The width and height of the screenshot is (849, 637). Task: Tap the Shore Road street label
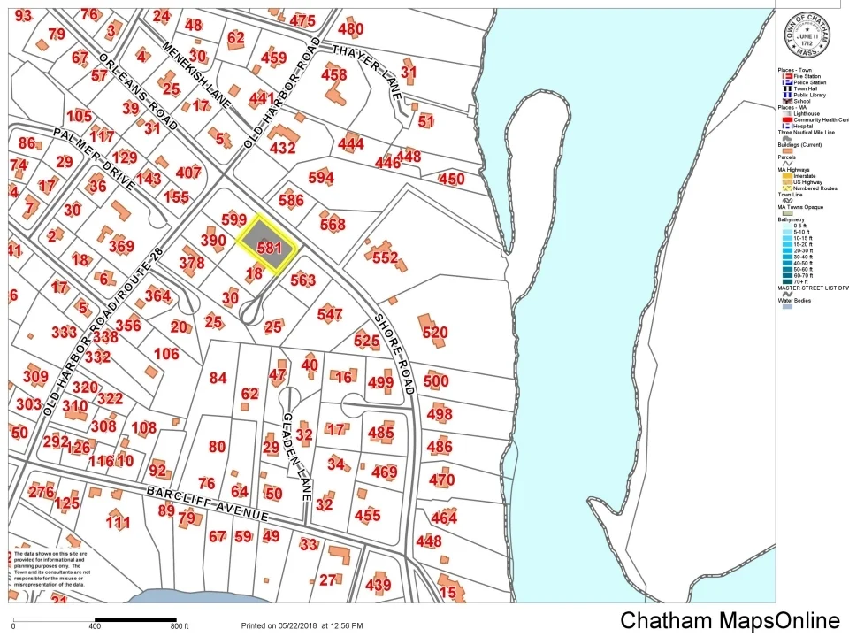tap(394, 354)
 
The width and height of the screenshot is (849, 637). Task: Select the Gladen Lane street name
tap(296, 455)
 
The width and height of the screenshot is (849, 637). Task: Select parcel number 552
tap(386, 257)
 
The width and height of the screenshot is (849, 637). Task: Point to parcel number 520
tap(435, 333)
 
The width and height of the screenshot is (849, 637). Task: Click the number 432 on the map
tap(282, 148)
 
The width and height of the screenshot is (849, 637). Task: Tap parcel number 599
tap(234, 219)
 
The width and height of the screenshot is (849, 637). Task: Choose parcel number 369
tap(121, 247)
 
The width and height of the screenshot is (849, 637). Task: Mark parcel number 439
tap(378, 585)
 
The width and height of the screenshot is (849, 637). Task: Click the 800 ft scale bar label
tap(180, 626)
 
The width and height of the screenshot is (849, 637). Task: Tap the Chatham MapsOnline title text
tap(729, 620)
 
